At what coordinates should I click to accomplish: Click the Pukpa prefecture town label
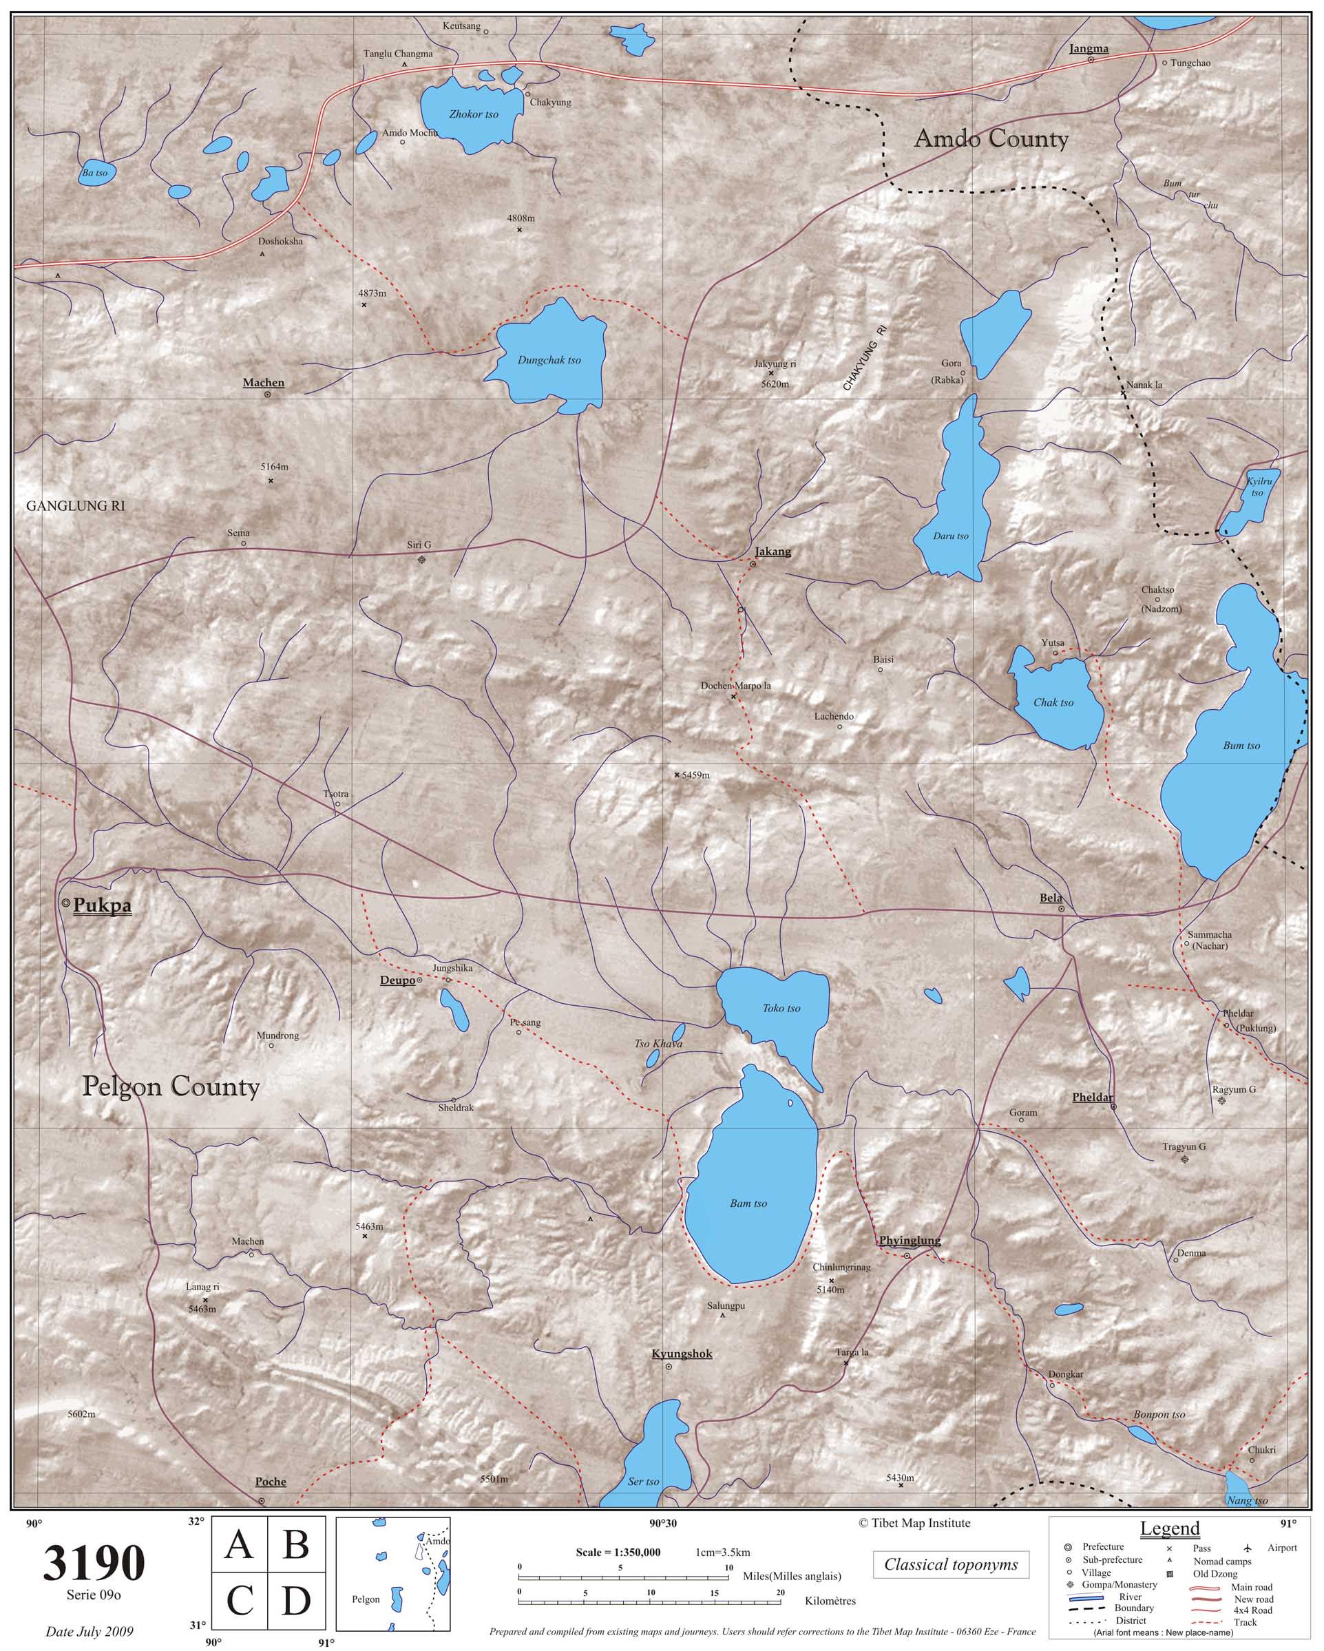(102, 906)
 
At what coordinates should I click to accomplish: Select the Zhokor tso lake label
(473, 114)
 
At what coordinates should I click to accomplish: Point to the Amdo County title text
(991, 138)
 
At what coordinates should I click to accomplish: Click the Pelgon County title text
(171, 1086)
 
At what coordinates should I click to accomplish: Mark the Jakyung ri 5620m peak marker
(770, 373)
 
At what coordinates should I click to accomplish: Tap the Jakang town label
(773, 551)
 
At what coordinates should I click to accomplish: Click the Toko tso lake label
(781, 1009)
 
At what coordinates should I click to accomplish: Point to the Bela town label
(1051, 898)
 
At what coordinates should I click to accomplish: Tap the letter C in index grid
(240, 1601)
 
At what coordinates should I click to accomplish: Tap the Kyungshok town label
(682, 1354)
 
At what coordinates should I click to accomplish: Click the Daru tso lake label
(950, 536)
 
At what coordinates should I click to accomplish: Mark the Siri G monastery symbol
(421, 560)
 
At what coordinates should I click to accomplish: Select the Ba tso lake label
(95, 173)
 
